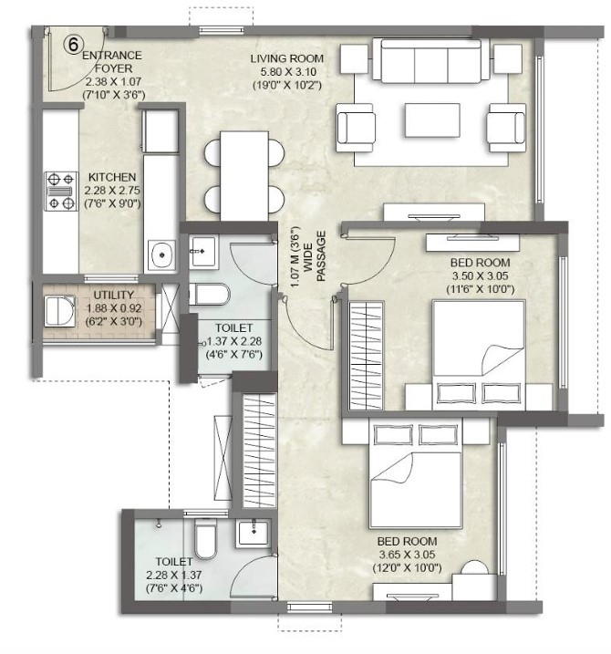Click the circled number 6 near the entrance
(73, 44)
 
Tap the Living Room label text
(287, 58)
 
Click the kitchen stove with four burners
(61, 191)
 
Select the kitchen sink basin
(162, 254)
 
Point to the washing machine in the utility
(60, 310)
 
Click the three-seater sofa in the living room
(430, 61)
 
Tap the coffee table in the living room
(432, 120)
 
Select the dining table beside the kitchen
(244, 176)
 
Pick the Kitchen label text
(112, 177)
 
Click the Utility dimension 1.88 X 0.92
(113, 308)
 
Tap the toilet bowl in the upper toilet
(210, 294)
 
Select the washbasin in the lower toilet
(254, 533)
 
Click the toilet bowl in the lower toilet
(205, 538)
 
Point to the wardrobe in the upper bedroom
(366, 356)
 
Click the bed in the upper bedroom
(479, 355)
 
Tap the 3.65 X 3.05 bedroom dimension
(407, 555)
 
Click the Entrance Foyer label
(112, 62)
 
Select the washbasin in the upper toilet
(203, 251)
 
